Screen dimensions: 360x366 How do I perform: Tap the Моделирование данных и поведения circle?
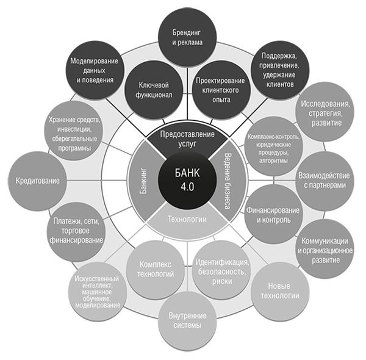93,71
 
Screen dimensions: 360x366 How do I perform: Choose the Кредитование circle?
38,181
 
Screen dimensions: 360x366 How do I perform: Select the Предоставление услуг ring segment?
185,137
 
